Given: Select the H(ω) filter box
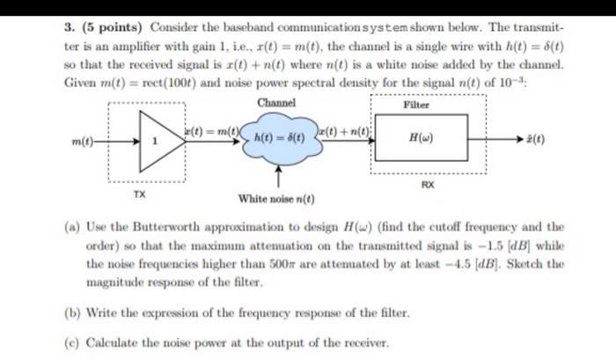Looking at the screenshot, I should click(x=421, y=138).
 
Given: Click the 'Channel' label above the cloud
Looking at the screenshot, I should click(x=276, y=102).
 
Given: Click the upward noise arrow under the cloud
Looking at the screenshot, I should click(x=279, y=176).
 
